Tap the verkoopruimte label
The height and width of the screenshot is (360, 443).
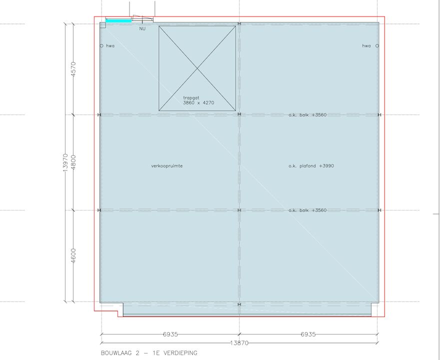pos(166,165)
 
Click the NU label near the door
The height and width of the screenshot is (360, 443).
pos(142,29)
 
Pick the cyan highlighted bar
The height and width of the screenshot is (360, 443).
pos(118,21)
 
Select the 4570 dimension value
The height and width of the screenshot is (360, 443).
pos(73,68)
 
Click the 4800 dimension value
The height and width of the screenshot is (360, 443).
pos(73,162)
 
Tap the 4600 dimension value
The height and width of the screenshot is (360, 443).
pos(73,256)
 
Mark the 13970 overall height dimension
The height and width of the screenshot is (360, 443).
pos(65,162)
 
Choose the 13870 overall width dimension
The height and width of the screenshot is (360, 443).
pos(239,343)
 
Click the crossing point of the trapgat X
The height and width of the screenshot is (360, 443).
pos(197,68)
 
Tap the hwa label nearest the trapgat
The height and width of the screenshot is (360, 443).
pos(110,46)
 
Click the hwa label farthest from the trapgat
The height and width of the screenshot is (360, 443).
pos(366,46)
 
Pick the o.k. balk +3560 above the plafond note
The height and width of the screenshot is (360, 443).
pos(307,115)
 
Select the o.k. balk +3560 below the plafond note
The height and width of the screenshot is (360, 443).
pos(307,210)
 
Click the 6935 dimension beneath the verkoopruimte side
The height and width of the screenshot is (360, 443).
pos(170,334)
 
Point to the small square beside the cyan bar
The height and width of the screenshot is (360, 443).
pos(102,25)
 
